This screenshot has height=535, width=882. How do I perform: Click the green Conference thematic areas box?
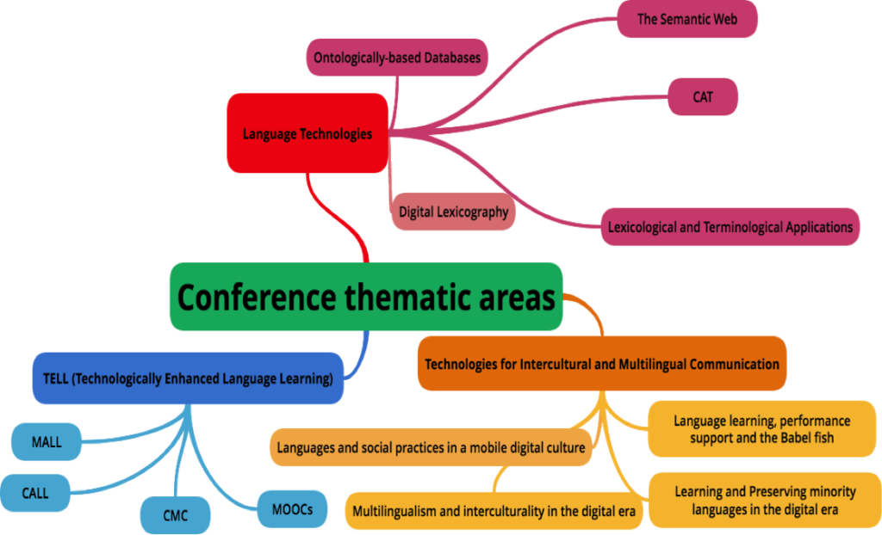[x=366, y=298]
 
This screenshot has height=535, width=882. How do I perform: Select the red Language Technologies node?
[x=307, y=133]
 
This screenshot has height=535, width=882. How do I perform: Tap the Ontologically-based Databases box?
[x=397, y=58]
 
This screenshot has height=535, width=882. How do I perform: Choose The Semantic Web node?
[x=686, y=18]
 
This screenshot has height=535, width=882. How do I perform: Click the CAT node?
[x=703, y=97]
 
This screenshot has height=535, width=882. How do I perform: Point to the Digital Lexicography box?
[x=453, y=212]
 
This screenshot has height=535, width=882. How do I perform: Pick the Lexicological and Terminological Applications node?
[x=730, y=227]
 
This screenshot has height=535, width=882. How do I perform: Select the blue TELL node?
[x=188, y=378]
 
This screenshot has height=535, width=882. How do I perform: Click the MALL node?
[x=47, y=442]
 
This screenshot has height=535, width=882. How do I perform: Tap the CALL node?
[x=35, y=494]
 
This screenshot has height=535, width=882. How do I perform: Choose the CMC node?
[x=175, y=516]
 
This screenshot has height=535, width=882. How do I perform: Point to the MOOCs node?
[x=293, y=509]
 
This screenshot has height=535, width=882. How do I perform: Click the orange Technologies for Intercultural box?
[x=601, y=364]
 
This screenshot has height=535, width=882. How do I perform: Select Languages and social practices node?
[x=431, y=448]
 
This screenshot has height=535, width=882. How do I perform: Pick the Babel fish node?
[x=761, y=428]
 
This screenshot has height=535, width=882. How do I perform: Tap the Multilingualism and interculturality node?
[x=494, y=511]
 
